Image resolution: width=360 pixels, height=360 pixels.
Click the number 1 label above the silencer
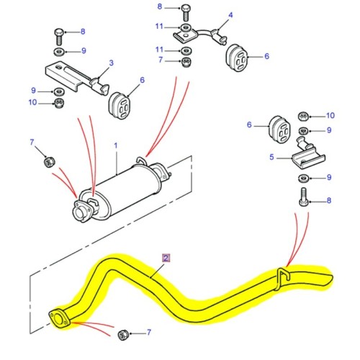pos(114,146)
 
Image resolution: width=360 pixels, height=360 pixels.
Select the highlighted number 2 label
pos(166,256)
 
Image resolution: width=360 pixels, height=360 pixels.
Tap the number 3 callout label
pos(112,64)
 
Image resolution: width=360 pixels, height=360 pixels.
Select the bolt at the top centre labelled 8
pos(186,12)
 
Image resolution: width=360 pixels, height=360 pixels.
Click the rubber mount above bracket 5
pos(277,129)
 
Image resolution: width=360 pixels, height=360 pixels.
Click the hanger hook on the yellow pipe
pos(284,274)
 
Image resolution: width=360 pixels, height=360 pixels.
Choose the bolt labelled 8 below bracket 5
pos(302,196)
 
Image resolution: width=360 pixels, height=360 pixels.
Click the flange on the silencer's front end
pos(81,209)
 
